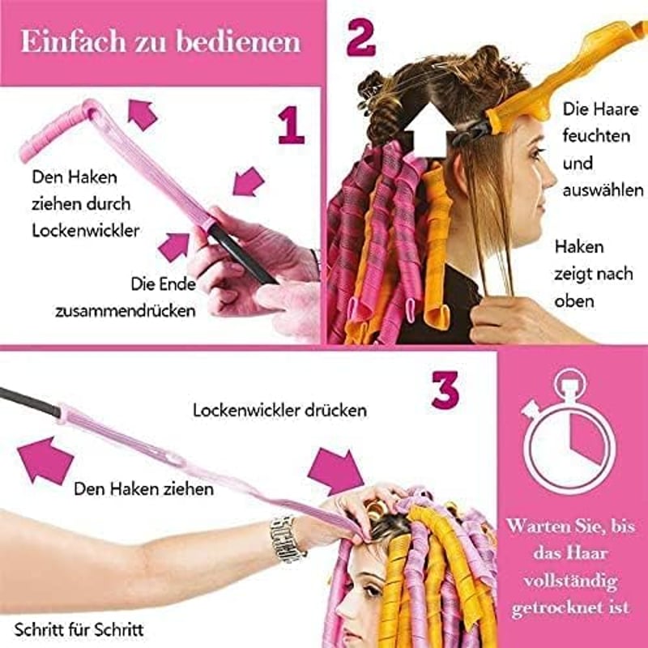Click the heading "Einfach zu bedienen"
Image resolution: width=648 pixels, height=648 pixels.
[160, 41]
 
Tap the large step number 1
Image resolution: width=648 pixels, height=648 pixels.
[291, 125]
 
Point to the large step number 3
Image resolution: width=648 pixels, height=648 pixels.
[445, 390]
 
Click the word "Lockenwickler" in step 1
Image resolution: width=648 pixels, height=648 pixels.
[86, 231]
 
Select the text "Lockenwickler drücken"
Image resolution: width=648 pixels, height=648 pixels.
[279, 411]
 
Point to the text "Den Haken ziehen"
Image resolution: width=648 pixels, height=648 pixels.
[144, 489]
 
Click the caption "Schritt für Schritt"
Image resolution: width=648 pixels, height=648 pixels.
[79, 630]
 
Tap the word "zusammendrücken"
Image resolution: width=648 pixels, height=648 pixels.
[126, 311]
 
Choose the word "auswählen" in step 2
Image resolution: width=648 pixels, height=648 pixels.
[603, 190]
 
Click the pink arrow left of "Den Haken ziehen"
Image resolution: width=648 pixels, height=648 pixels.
[46, 460]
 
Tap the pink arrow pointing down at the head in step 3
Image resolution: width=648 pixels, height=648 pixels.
[337, 472]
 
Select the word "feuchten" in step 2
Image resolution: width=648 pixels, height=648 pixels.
[596, 136]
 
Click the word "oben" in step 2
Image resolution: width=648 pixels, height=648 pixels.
[574, 301]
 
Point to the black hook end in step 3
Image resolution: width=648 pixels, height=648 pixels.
[30, 401]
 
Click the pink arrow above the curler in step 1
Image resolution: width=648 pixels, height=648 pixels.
[142, 114]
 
